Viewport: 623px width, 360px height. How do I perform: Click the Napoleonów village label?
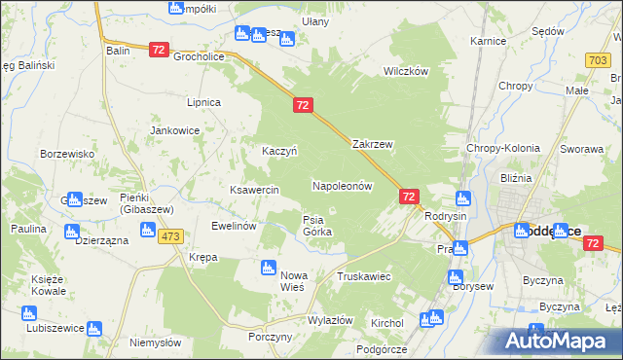(343, 185)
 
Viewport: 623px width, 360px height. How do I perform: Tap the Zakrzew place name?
(372, 144)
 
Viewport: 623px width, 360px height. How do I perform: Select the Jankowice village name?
(174, 129)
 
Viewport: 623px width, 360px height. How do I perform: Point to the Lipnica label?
(204, 102)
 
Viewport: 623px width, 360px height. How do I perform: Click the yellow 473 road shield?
(172, 237)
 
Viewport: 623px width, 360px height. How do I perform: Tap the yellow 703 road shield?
(599, 60)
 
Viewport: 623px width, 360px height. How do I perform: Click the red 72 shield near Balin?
(161, 49)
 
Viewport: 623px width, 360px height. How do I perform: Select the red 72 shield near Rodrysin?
(409, 197)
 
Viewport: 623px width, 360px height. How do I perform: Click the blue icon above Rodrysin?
(463, 198)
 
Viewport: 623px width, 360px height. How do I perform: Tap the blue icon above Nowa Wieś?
(269, 268)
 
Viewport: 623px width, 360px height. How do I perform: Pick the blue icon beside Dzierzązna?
(70, 232)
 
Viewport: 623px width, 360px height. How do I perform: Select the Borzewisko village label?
(66, 154)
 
